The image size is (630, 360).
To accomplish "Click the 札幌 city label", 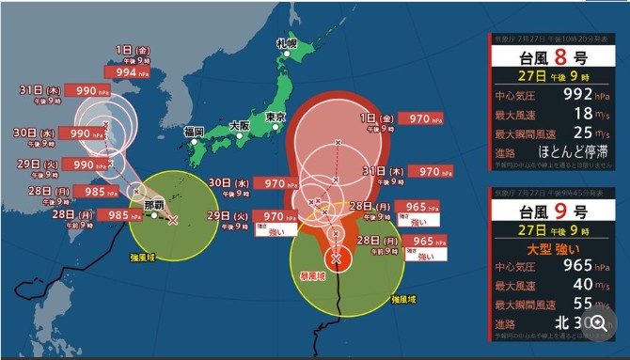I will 287,43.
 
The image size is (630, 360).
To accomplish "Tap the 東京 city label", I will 276,117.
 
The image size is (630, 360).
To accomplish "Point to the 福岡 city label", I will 195,131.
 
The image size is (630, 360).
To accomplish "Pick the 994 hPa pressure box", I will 126,71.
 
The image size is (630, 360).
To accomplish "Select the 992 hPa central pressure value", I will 577,95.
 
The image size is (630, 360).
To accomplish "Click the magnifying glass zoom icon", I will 598,321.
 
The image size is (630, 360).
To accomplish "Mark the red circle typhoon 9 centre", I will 337,258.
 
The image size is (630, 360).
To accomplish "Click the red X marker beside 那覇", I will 171,221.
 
